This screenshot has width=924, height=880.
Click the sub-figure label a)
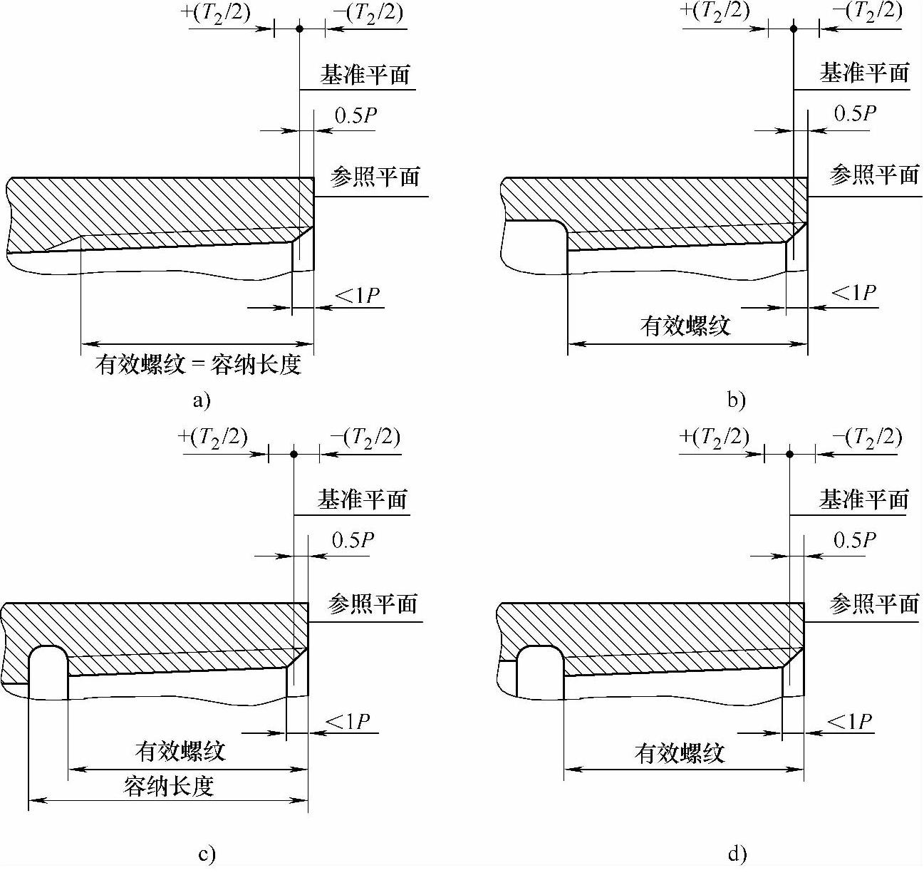(x=202, y=400)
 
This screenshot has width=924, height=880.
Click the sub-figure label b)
(x=737, y=400)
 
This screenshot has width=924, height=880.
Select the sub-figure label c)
(x=207, y=854)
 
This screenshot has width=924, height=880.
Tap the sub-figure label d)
(x=737, y=854)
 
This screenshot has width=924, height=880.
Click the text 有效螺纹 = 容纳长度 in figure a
(x=199, y=366)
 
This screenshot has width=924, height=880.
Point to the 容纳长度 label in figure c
(x=168, y=787)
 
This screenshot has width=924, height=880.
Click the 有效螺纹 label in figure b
(x=685, y=326)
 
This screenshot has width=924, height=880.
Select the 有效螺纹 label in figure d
(x=680, y=753)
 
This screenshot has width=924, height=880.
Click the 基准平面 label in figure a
(x=365, y=75)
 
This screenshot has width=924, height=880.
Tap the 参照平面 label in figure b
(x=873, y=174)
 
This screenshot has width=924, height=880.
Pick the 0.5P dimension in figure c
(x=353, y=540)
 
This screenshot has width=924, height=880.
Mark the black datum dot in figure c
(x=294, y=454)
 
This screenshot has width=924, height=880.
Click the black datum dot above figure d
(x=789, y=454)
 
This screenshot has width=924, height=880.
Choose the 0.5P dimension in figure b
(x=854, y=114)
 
